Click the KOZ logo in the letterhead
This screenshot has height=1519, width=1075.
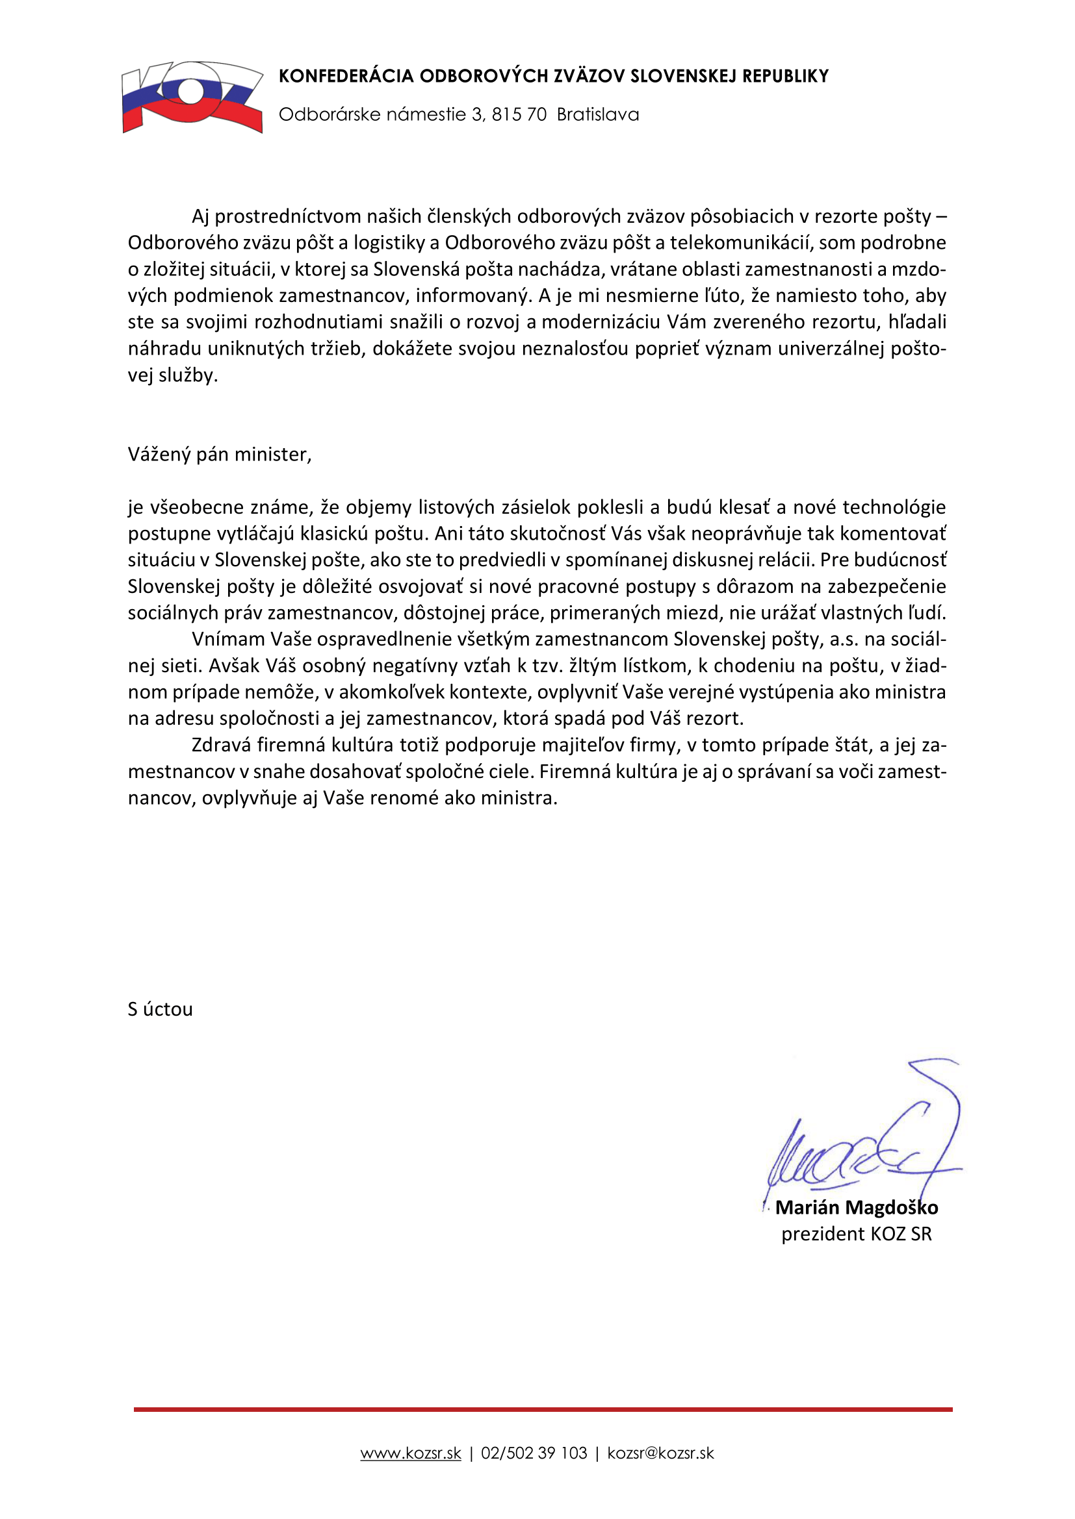click(192, 97)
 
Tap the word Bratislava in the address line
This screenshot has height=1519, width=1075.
click(598, 114)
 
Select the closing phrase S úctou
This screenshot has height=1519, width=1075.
click(160, 1010)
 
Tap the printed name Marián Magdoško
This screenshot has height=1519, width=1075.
click(857, 1208)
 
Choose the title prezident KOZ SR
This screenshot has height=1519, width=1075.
click(857, 1235)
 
